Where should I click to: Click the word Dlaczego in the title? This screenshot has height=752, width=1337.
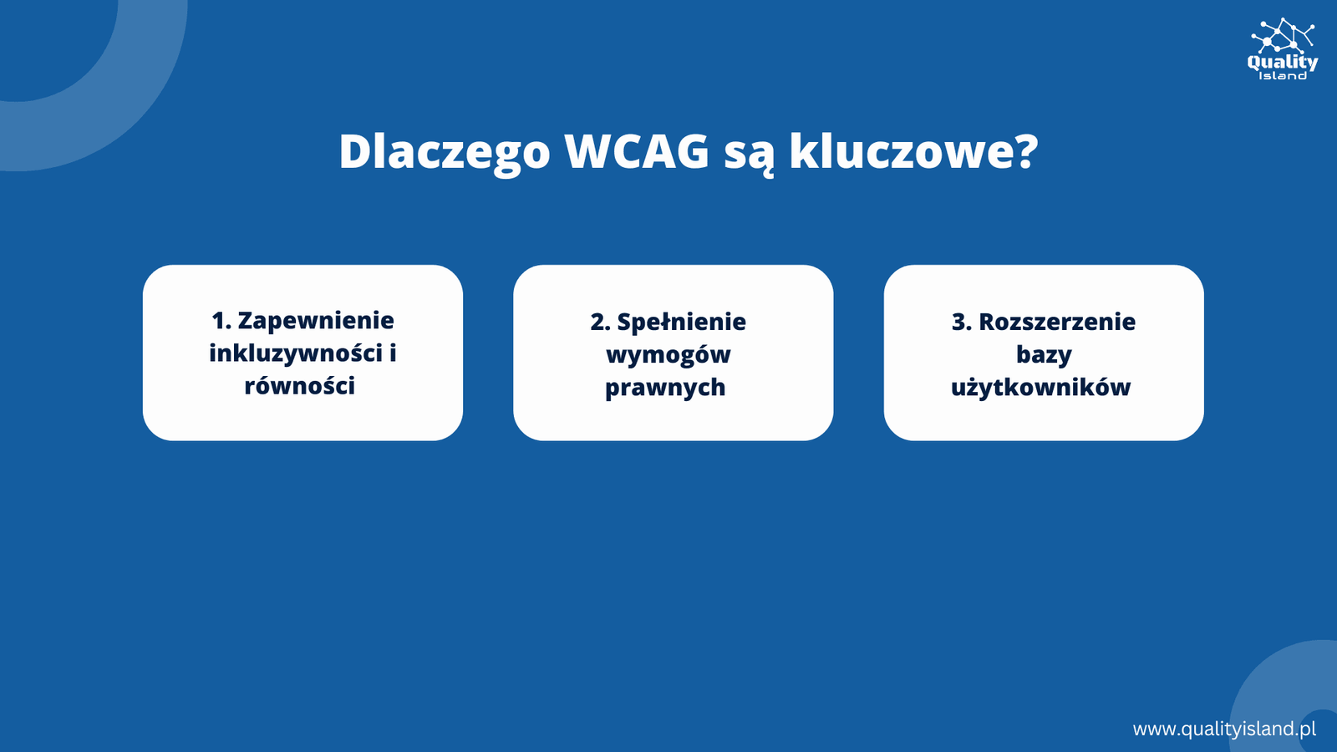[x=444, y=152]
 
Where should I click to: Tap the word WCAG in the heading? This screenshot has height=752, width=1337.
[x=637, y=151]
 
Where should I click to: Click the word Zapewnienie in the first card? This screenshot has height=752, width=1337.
[x=316, y=321]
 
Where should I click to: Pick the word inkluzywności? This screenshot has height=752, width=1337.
[x=295, y=353]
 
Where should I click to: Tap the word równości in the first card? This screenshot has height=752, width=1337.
[x=300, y=385]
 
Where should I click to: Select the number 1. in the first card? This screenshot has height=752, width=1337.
[x=221, y=321]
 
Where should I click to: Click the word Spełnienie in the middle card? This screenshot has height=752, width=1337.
[x=681, y=323]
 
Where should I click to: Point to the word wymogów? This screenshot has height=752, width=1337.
[x=668, y=355]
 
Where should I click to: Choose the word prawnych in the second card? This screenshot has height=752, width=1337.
[x=665, y=388]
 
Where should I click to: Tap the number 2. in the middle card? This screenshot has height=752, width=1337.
[x=600, y=323]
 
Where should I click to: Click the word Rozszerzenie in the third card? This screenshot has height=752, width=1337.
[x=1057, y=322]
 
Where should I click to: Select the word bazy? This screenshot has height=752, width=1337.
[x=1044, y=355]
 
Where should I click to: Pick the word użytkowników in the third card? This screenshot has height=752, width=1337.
[x=1041, y=388]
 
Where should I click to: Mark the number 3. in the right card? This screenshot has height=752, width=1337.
[x=962, y=323]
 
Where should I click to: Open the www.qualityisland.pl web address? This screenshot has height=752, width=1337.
[x=1224, y=729]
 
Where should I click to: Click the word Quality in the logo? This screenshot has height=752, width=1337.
[x=1282, y=63]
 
